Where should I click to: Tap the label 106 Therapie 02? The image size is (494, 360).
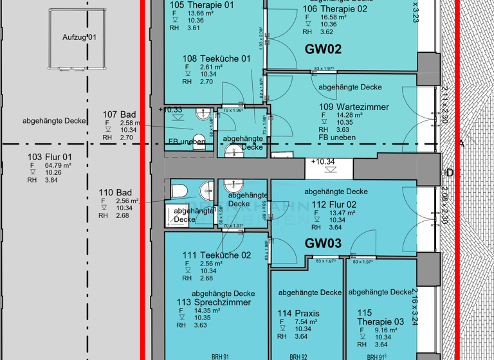pyautogui.click(x=334, y=8)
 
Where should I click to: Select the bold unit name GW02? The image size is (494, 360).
pyautogui.click(x=323, y=49)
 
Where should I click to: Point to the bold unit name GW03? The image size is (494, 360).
pyautogui.click(x=323, y=244)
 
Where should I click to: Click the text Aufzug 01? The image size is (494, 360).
pyautogui.click(x=79, y=37)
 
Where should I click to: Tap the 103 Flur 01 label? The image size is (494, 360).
pyautogui.click(x=50, y=157)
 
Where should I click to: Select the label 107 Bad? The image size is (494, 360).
pyautogui.click(x=119, y=114)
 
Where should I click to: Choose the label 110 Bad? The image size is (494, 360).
pyautogui.click(x=115, y=192)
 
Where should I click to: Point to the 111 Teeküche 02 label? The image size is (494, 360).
pyautogui.click(x=216, y=255)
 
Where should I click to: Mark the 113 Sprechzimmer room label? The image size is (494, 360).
pyautogui.click(x=214, y=302)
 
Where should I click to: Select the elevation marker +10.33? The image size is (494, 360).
pyautogui.click(x=170, y=110)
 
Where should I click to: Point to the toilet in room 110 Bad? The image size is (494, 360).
pyautogui.click(x=179, y=192)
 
